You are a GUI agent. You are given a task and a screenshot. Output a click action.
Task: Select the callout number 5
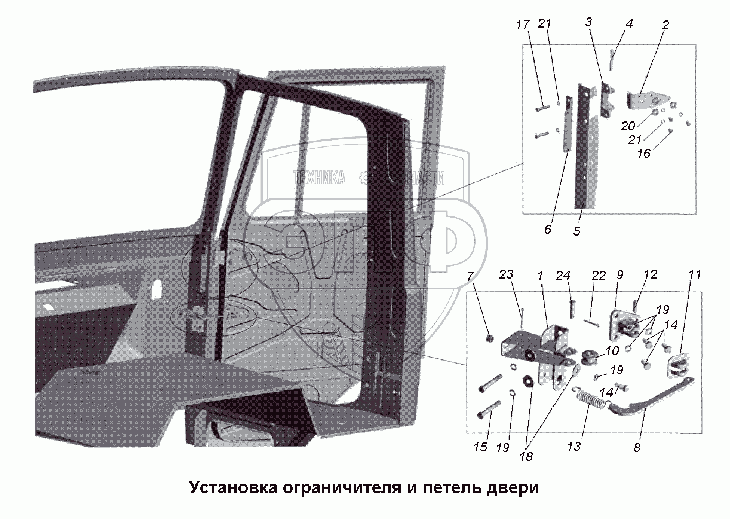(576, 230)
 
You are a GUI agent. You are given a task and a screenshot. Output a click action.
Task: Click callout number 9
(619, 276)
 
